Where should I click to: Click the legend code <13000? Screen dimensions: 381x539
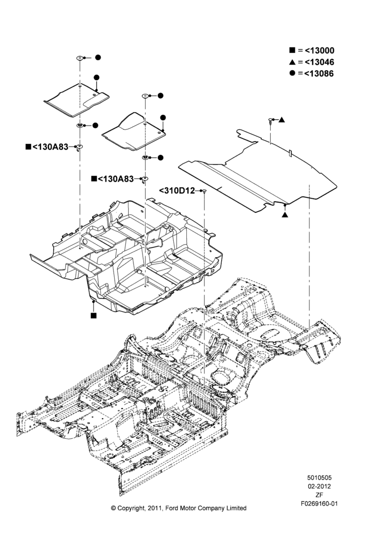coord(319,51)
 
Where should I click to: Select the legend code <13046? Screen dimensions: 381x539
coord(319,62)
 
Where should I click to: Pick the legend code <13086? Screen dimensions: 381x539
coord(319,73)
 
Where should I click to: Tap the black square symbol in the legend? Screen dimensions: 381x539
coord(292,50)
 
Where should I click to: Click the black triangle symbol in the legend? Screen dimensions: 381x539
coord(292,62)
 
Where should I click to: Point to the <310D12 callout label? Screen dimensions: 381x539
coord(177,190)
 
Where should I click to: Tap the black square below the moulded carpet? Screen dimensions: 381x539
coord(94,315)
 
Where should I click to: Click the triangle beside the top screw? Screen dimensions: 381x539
coord(281,120)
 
